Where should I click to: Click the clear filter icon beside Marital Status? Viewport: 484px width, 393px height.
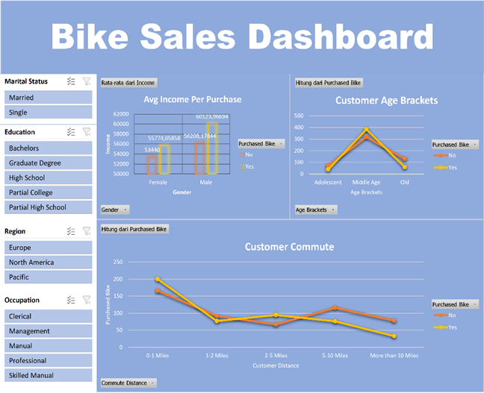(87, 81)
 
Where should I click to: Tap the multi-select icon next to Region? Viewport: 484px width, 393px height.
(71, 231)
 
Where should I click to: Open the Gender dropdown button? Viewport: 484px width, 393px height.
(114, 210)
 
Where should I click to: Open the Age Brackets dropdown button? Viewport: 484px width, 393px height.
(315, 210)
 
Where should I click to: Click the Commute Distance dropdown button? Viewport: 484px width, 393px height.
(128, 383)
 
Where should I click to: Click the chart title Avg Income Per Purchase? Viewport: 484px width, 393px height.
(193, 99)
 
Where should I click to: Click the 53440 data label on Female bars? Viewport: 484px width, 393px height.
(157, 150)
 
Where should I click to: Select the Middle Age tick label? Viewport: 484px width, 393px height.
(367, 182)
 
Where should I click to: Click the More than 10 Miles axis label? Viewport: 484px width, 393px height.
(394, 355)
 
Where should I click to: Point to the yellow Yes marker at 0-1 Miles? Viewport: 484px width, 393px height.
(158, 280)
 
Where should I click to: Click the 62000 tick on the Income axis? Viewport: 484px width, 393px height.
(121, 115)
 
